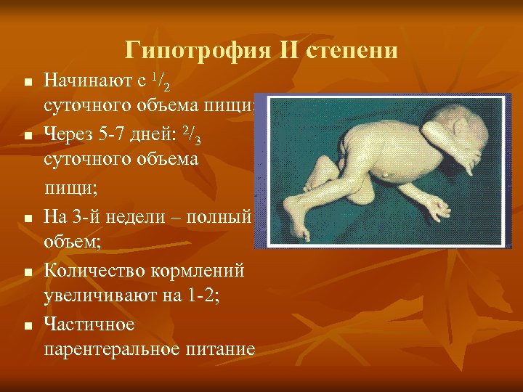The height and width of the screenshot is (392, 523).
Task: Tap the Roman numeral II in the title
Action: (282, 51)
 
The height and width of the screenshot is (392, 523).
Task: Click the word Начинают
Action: (83, 78)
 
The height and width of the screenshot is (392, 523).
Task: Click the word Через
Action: (68, 134)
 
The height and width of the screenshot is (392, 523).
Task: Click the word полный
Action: (220, 216)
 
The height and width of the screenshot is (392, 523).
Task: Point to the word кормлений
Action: (195, 271)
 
